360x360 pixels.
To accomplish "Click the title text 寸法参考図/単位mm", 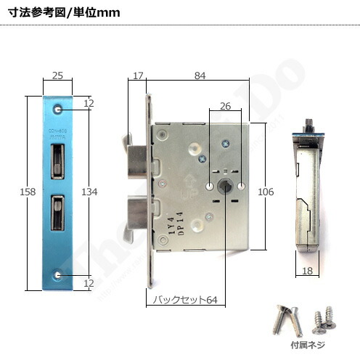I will click(x=64, y=13).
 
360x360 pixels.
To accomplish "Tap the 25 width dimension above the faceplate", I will click(x=57, y=75).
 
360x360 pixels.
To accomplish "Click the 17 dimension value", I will click(x=139, y=75).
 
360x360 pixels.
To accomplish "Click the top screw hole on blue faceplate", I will click(x=57, y=109).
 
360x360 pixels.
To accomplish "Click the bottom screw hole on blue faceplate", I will click(x=57, y=275).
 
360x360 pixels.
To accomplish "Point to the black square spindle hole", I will click(x=226, y=187).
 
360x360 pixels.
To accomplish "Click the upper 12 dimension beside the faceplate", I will click(x=89, y=104).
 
